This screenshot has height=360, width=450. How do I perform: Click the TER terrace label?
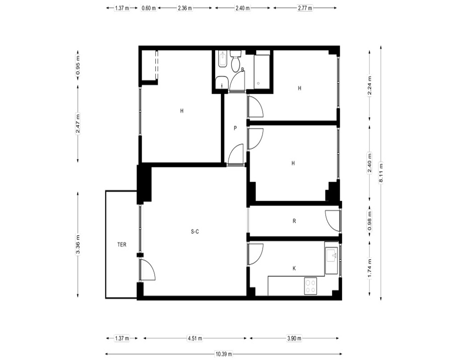pyautogui.click(x=121, y=245)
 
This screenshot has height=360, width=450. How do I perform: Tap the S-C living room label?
pyautogui.click(x=195, y=231)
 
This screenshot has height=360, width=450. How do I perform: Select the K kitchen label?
pyautogui.click(x=294, y=268)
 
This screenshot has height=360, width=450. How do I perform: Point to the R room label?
pyautogui.click(x=294, y=221)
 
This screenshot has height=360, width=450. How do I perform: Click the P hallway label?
pyautogui.click(x=235, y=128)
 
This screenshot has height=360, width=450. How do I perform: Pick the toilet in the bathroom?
pyautogui.click(x=236, y=61)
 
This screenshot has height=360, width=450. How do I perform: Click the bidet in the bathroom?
pyautogui.click(x=222, y=59)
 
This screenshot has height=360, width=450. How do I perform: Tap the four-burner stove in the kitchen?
pyautogui.click(x=310, y=286)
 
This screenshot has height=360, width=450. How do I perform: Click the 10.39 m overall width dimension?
pyautogui.click(x=224, y=354)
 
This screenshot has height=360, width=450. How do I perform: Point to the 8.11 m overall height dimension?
pyautogui.click(x=381, y=172)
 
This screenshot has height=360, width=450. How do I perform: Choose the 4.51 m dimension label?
pyautogui.click(x=195, y=338)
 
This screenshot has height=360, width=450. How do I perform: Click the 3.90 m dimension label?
pyautogui.click(x=294, y=338)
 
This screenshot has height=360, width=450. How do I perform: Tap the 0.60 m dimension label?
pyautogui.click(x=148, y=8)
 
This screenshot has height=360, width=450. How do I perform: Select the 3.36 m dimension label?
pyautogui.click(x=78, y=244)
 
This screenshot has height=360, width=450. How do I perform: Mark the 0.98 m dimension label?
pyautogui.click(x=369, y=220)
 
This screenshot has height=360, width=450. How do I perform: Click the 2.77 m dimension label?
pyautogui.click(x=305, y=8)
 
